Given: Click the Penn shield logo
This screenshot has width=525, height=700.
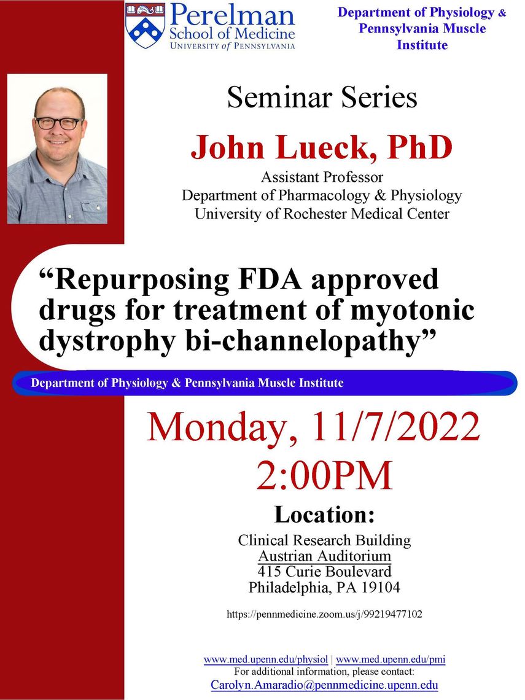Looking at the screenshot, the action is [x=145, y=26].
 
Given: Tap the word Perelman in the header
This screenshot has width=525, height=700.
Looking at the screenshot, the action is [x=232, y=15].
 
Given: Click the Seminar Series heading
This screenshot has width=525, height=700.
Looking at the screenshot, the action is [x=322, y=97].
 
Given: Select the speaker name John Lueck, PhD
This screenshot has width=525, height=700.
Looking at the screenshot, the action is [x=321, y=148].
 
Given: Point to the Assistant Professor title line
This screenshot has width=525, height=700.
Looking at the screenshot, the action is [x=322, y=177].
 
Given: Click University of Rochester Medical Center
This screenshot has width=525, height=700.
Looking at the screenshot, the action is [x=322, y=214].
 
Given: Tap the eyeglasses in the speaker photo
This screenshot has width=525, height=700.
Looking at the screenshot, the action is [x=58, y=123].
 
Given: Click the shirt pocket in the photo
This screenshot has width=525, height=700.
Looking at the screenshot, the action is [x=93, y=211].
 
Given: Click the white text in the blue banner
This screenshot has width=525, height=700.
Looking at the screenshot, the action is [x=187, y=383].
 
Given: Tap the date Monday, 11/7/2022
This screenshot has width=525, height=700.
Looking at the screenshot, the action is [x=313, y=428].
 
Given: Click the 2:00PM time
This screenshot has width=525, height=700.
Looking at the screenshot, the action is [x=324, y=476].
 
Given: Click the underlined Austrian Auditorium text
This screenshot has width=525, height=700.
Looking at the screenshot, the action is [x=325, y=556].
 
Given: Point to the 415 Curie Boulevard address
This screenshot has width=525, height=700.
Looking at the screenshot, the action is [x=325, y=572].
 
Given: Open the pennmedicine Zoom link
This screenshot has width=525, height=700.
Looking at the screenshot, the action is [x=325, y=614].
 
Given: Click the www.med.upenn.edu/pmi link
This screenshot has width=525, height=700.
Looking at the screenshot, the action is [x=391, y=659].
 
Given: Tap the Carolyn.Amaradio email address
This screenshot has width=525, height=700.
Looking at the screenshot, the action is [x=325, y=685].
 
